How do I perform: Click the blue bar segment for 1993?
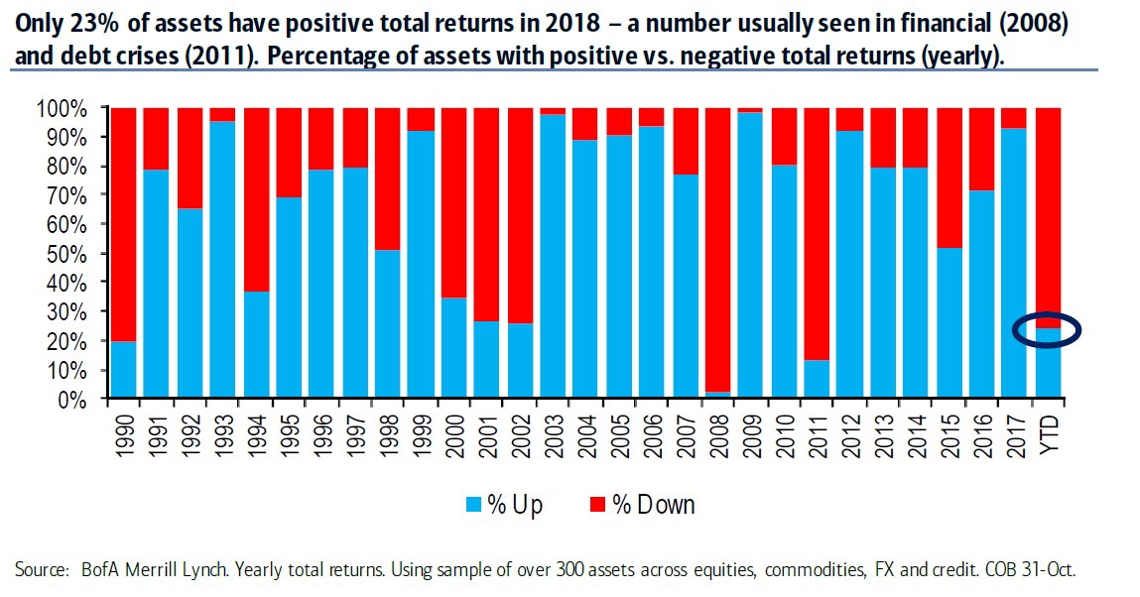tap(221, 259)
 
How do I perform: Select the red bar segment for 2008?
tap(717, 250)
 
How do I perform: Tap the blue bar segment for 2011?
tap(817, 379)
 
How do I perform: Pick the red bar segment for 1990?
tap(123, 224)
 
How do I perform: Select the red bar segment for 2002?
tap(520, 216)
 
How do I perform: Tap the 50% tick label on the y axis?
tap(62, 254)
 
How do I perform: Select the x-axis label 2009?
tap(751, 435)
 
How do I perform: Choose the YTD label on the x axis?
tap(1049, 433)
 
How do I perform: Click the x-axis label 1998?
tap(388, 435)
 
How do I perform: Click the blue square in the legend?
tap(474, 504)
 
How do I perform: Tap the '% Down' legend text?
tap(654, 504)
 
